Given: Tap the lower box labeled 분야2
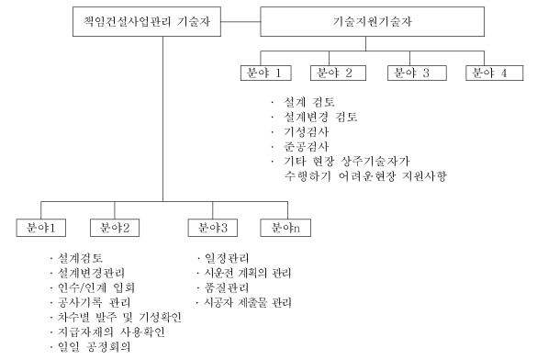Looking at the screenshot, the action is pyautogui.click(x=115, y=227).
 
